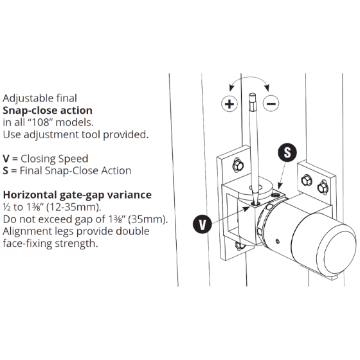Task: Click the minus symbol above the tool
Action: coord(271,104)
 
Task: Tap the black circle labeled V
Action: coord(202,224)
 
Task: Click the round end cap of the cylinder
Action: coord(337,242)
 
